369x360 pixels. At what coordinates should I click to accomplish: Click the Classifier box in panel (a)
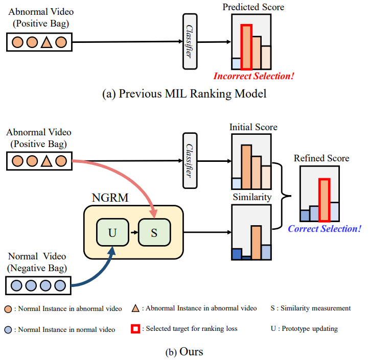190,41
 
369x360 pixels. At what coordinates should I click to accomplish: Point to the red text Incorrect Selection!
254,77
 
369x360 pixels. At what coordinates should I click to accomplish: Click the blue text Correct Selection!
325,228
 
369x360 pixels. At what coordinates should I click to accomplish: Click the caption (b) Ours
184,352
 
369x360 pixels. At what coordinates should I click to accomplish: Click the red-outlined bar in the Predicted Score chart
247,47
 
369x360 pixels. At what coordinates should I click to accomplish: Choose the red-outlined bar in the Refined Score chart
324,200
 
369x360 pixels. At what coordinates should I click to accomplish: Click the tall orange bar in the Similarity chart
256,242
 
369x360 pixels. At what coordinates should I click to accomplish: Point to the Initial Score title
253,127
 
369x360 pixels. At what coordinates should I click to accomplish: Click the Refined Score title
321,158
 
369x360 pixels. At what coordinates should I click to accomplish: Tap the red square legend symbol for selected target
135,328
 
